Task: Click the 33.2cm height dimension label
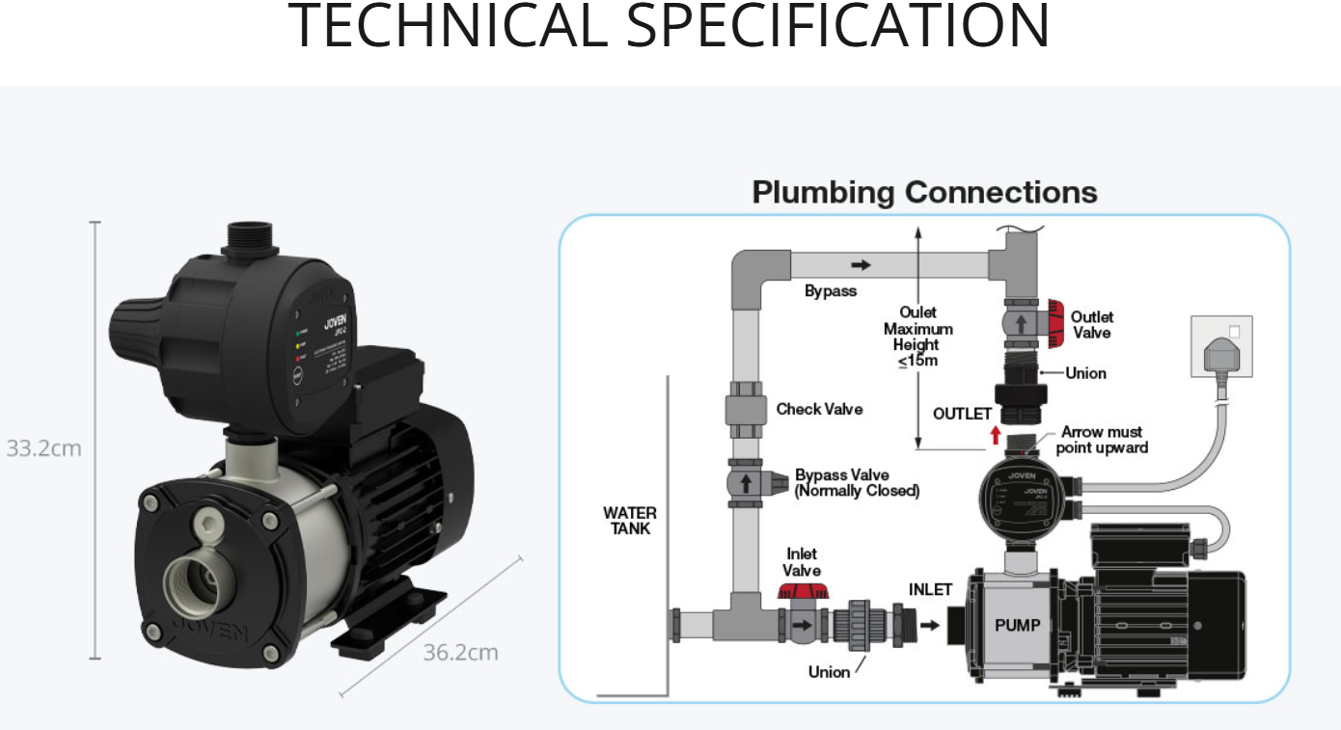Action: click(44, 448)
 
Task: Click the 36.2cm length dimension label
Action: click(461, 653)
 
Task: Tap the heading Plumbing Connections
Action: click(924, 192)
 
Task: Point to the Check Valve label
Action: click(819, 409)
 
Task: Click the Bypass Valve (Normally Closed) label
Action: click(856, 483)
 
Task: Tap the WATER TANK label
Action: click(630, 521)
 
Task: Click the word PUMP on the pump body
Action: click(1018, 625)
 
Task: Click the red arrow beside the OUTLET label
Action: click(997, 434)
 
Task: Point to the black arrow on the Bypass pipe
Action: click(861, 264)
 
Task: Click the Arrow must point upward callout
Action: click(1102, 441)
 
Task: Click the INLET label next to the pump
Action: click(930, 589)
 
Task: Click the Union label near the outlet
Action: click(1085, 373)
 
